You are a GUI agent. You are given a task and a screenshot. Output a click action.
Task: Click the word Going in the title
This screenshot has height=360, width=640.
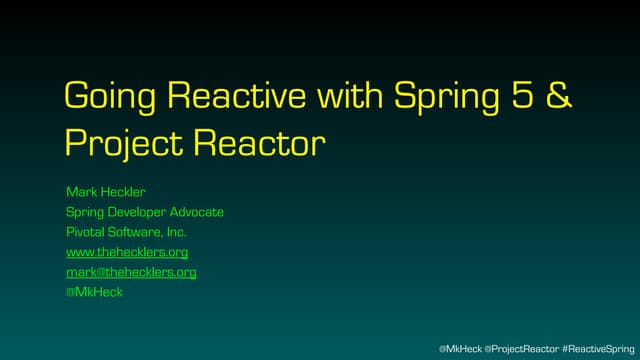coord(108,97)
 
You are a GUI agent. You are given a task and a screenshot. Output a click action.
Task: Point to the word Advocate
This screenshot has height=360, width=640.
coord(198,212)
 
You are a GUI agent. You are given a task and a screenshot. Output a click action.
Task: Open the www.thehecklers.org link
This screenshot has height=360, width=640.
coord(127,252)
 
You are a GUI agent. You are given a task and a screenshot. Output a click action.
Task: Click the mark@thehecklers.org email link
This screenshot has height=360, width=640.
coord(131,272)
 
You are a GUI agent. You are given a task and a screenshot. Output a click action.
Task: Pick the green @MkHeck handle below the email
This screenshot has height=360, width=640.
coord(94,292)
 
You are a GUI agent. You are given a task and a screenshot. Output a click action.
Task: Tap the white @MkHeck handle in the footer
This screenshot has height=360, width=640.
coord(460,347)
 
